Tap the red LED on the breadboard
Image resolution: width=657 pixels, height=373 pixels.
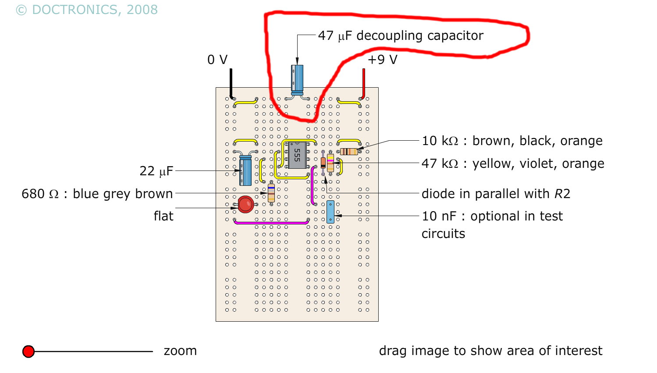click(245, 204)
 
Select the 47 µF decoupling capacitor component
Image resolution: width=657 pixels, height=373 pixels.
click(297, 79)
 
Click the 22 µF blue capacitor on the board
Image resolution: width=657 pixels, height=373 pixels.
click(245, 171)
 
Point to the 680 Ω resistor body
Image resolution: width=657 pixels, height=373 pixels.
click(271, 193)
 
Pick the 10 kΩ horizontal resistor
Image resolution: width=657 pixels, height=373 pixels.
click(349, 152)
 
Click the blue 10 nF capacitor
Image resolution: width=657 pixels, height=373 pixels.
click(330, 212)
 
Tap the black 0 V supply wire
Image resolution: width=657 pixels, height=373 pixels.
click(231, 83)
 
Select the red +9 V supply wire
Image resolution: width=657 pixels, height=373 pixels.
click(363, 83)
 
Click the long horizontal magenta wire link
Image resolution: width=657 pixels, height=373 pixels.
click(271, 223)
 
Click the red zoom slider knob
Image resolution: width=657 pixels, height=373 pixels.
click(28, 352)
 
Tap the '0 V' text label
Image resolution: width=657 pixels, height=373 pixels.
click(217, 60)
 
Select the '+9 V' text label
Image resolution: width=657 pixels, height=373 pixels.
click(382, 60)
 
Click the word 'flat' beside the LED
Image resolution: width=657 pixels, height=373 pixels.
click(163, 216)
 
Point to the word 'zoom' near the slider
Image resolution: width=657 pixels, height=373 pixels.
click(180, 351)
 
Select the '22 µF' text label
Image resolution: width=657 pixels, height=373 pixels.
click(156, 171)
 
